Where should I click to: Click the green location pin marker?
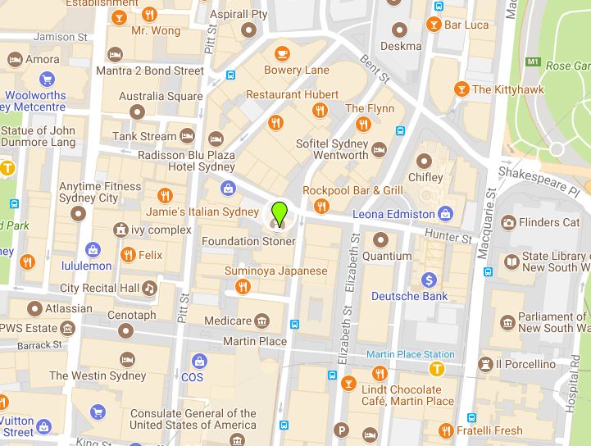click(280, 212)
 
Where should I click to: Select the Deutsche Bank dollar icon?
click(429, 280)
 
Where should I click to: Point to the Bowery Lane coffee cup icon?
click(282, 54)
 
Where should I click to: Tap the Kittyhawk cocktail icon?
click(461, 89)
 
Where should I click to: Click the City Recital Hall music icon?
click(148, 288)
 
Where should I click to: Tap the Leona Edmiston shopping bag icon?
click(445, 214)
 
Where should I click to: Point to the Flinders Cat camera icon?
click(508, 222)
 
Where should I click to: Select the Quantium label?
click(387, 256)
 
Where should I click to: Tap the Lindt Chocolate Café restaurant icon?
click(379, 374)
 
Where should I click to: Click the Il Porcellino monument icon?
click(485, 364)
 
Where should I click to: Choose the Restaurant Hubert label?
click(292, 94)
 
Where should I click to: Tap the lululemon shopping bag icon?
click(93, 249)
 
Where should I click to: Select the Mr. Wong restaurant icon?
click(149, 15)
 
